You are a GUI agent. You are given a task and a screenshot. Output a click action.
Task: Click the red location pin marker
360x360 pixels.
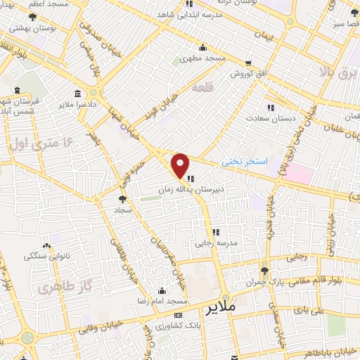pos(180,165)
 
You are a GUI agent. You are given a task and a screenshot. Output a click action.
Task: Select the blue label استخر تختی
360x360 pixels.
pos(245,162)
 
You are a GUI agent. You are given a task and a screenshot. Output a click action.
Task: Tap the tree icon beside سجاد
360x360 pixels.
pos(124,200)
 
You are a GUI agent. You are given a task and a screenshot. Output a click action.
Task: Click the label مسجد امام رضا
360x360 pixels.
pos(162,301)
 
